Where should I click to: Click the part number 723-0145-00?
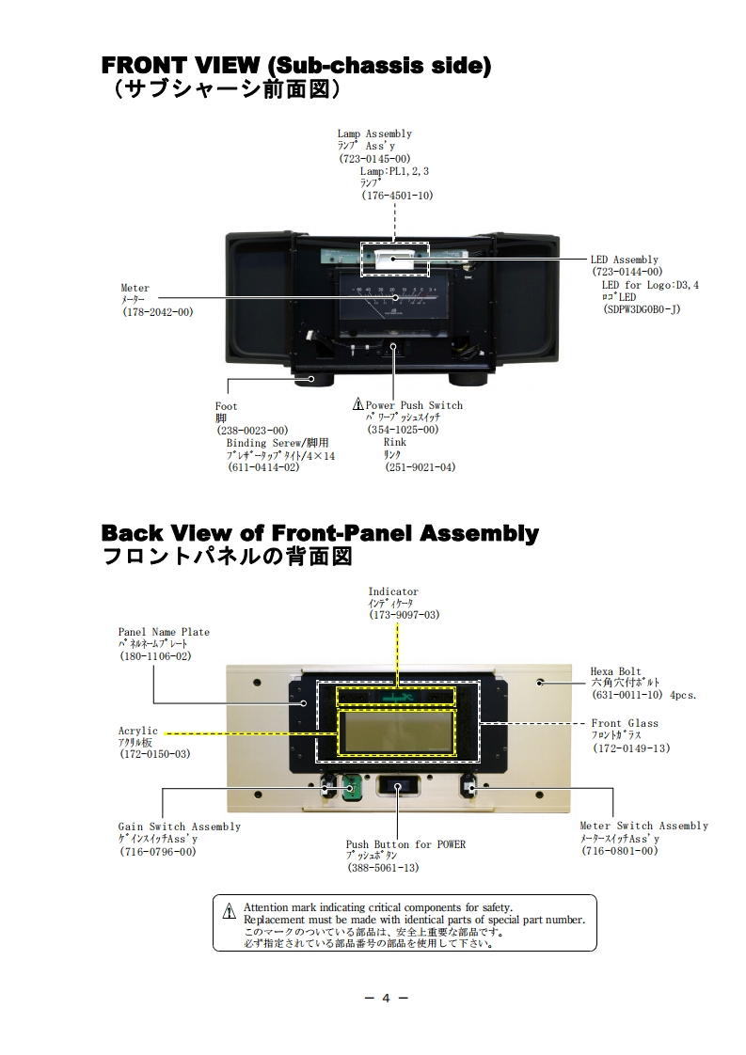click(374, 160)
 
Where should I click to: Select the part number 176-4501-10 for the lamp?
click(397, 196)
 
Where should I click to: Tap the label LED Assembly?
click(625, 260)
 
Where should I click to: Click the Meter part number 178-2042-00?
click(157, 311)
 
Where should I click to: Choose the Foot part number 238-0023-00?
click(252, 431)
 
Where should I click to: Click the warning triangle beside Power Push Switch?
click(357, 405)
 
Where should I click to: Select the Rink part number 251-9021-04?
click(420, 466)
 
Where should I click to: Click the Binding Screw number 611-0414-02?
click(263, 466)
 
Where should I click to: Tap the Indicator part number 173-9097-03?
click(404, 615)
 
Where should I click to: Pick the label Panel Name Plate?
click(164, 632)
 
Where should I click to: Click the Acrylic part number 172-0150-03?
click(154, 754)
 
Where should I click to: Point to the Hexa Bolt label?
click(616, 671)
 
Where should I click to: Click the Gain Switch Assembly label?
click(179, 827)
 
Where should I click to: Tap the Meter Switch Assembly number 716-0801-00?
click(618, 851)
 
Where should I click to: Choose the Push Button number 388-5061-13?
click(382, 868)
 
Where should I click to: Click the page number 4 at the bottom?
click(385, 999)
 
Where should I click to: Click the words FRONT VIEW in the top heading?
click(180, 67)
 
